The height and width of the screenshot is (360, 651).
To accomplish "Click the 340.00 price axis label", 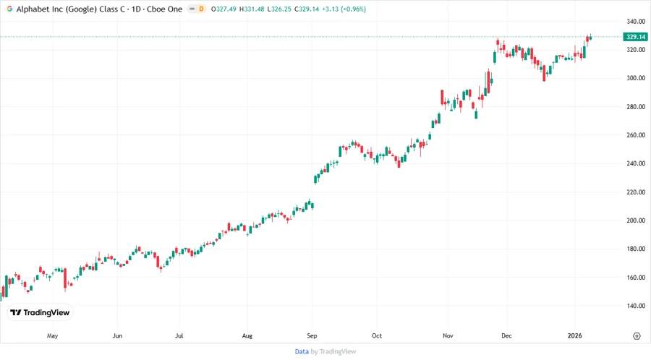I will pos(635,21).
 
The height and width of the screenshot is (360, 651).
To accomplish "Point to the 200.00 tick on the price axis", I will pos(635,220).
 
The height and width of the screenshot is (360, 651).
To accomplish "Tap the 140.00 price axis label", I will pos(635,306).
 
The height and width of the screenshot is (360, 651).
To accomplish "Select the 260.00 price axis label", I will pos(635,135).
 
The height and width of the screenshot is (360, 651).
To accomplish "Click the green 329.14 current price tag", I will pos(635,36).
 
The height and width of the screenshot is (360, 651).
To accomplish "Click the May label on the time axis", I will pos(52,336).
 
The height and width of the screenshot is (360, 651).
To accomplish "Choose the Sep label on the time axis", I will pos(312,336).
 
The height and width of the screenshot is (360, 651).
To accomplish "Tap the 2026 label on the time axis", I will pos(576,336).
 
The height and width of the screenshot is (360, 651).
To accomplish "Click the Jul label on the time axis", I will pos(179,336).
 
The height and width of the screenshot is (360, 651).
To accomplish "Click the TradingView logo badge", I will pos(41,312).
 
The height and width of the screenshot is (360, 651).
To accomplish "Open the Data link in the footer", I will pos(302,351).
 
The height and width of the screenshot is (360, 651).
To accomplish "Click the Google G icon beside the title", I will pos(9,9).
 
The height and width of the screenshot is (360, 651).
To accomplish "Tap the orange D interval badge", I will pos(200,9).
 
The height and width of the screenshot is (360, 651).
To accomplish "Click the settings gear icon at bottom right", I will pos(637,336).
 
